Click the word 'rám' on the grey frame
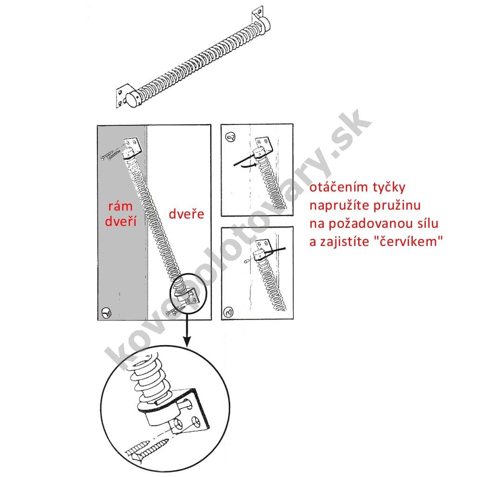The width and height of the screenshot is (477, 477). click(121, 206)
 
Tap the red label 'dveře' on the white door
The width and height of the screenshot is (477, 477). click(186, 214)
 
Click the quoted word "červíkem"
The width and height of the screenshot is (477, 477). click(408, 242)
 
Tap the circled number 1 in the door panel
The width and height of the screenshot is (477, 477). click(107, 313)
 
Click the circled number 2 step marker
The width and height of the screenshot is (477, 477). click(230, 137)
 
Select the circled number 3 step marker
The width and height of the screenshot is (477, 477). click(228, 312)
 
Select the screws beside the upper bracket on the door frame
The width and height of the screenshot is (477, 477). click(109, 155)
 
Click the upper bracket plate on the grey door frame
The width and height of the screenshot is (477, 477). click(133, 144)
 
